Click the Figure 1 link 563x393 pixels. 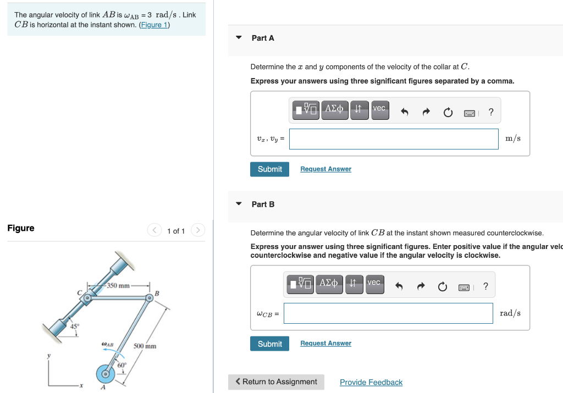(x=154, y=25)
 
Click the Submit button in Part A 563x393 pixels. (x=269, y=169)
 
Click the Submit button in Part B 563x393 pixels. (x=269, y=344)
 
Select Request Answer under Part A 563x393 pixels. (x=325, y=169)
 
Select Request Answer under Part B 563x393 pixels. (x=325, y=344)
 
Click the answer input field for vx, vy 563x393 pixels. (x=394, y=139)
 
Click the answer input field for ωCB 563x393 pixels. (x=388, y=313)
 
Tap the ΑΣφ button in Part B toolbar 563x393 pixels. (x=329, y=284)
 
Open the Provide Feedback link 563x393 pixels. (x=371, y=383)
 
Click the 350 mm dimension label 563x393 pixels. (x=118, y=285)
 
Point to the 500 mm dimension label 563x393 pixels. (x=145, y=346)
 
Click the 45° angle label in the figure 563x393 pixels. (x=74, y=326)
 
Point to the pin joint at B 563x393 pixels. (x=148, y=297)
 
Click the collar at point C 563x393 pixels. (x=87, y=298)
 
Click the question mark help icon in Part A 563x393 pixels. (x=491, y=112)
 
